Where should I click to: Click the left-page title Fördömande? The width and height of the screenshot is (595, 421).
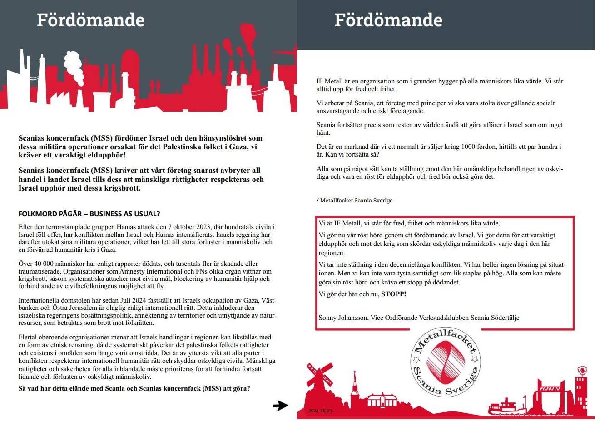(90, 20)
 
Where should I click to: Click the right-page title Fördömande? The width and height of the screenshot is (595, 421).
(388, 20)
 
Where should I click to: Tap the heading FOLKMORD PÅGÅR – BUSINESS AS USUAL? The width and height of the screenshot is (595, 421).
(89, 214)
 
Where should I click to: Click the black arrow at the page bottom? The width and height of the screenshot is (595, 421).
(280, 406)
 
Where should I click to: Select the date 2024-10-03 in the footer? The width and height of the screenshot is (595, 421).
(320, 411)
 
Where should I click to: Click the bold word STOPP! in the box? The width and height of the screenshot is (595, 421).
(394, 294)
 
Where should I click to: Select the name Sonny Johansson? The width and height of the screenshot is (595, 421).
(343, 318)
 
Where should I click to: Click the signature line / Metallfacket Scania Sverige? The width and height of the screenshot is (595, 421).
(354, 200)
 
